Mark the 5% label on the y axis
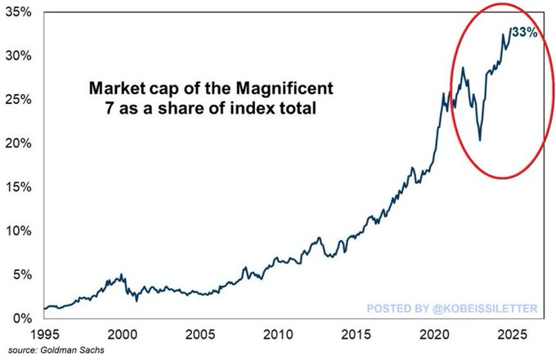pyautogui.click(x=20, y=274)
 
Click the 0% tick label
pyautogui.click(x=20, y=317)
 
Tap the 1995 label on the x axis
pyautogui.click(x=46, y=335)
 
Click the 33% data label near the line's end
pyautogui.click(x=525, y=33)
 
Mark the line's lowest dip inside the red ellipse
pyautogui.click(x=480, y=140)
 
